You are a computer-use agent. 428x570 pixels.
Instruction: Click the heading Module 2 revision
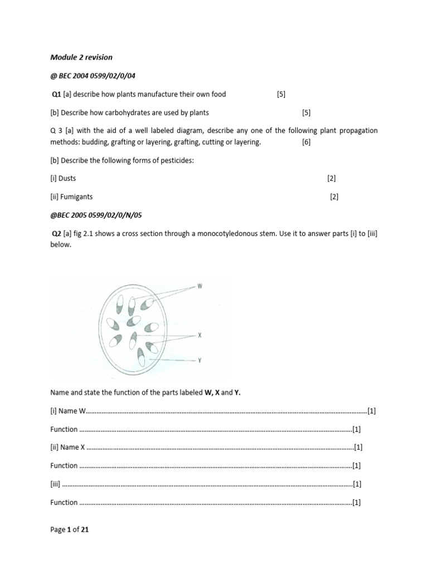pyautogui.click(x=81, y=57)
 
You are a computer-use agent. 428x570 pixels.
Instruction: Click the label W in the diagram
pyautogui.click(x=200, y=286)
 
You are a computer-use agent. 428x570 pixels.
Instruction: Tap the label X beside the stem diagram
pyautogui.click(x=200, y=336)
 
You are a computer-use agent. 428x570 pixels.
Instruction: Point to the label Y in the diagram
pyautogui.click(x=200, y=361)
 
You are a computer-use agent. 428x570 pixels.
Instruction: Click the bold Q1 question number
pyautogui.click(x=56, y=94)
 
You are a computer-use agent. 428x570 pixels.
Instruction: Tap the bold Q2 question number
pyautogui.click(x=56, y=233)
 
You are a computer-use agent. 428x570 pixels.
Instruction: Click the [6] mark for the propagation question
pyautogui.click(x=307, y=142)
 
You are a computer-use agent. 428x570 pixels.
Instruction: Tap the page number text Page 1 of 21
pyautogui.click(x=69, y=530)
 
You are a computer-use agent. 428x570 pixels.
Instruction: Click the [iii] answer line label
pyautogui.click(x=55, y=484)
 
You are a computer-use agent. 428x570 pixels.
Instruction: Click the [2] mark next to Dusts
pyautogui.click(x=332, y=178)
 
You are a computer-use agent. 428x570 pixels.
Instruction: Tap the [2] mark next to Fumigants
pyautogui.click(x=334, y=196)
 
